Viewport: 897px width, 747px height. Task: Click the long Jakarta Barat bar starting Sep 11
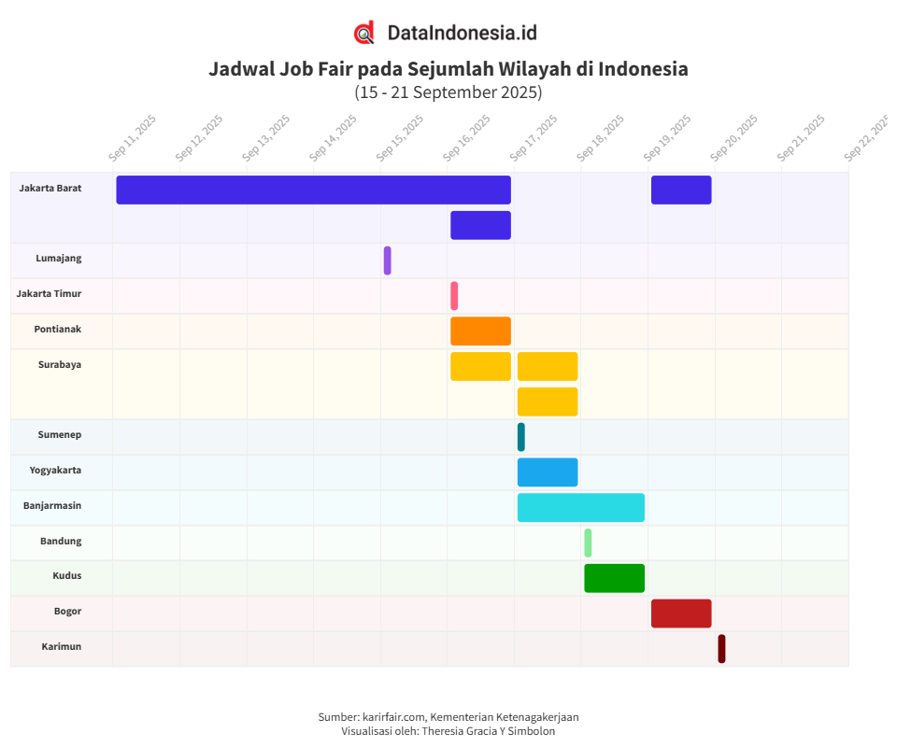click(313, 190)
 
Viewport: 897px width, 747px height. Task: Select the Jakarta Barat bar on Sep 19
click(681, 190)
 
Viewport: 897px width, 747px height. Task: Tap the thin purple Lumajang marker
click(387, 261)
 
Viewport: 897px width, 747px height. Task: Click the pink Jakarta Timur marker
click(454, 296)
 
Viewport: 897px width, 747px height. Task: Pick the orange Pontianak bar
click(480, 331)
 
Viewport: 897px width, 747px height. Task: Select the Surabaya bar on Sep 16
click(480, 366)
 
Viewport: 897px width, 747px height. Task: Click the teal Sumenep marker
click(520, 437)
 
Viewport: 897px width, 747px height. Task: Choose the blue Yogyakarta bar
click(548, 472)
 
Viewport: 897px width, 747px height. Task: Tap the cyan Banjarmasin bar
click(580, 508)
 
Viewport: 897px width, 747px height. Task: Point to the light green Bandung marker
click(588, 543)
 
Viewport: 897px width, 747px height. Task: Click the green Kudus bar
click(614, 578)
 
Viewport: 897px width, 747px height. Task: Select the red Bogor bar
click(681, 613)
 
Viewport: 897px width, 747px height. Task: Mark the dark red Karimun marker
click(721, 649)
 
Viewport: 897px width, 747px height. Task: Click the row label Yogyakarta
click(55, 470)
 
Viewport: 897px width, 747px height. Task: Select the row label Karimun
click(61, 646)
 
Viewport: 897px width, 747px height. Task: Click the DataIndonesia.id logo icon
click(364, 33)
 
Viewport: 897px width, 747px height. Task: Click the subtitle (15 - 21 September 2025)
click(448, 92)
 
